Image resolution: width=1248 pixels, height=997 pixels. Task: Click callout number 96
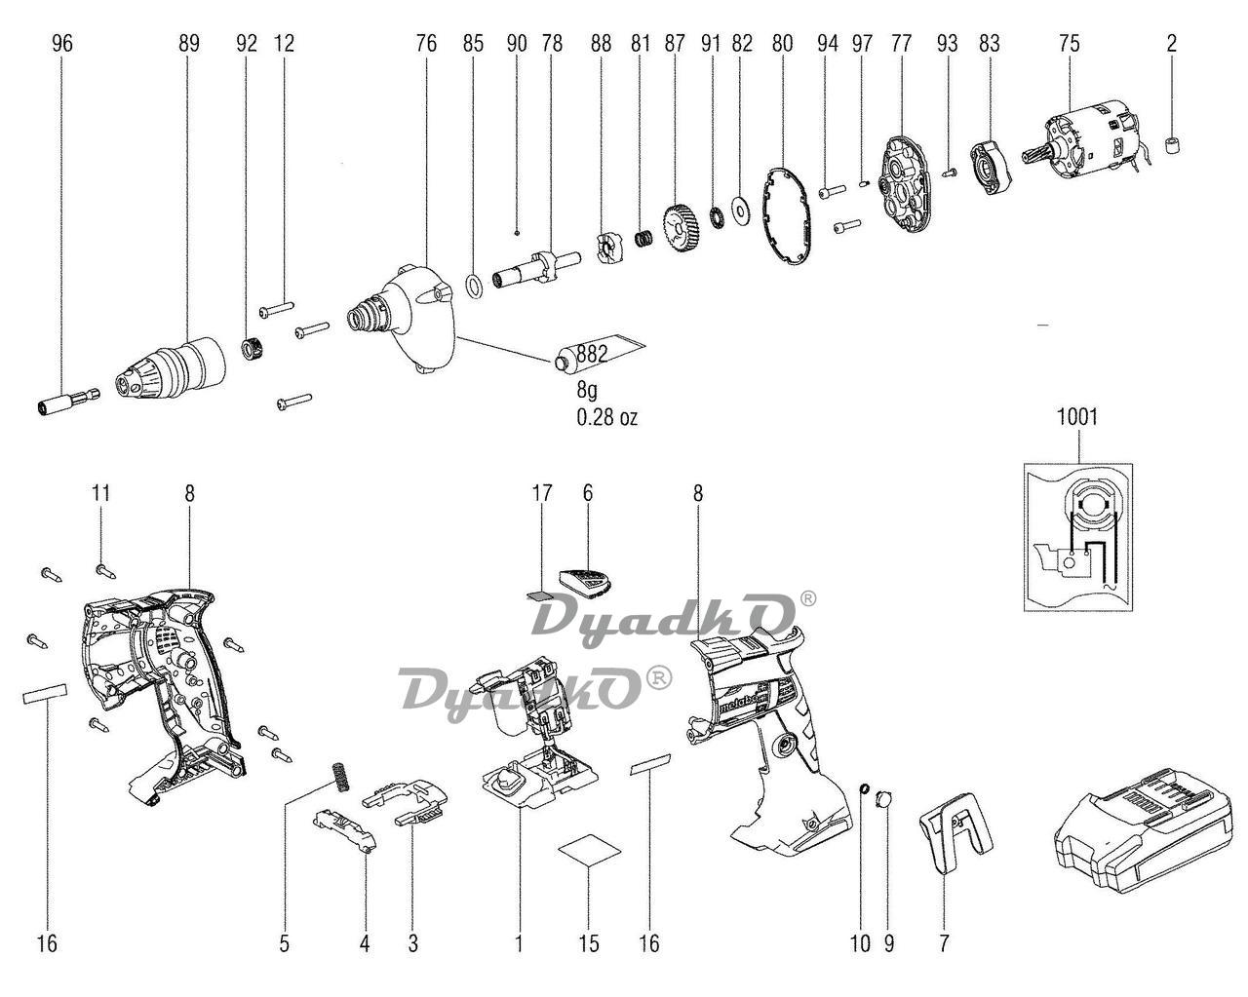tap(62, 44)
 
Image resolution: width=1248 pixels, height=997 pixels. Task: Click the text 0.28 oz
tap(606, 417)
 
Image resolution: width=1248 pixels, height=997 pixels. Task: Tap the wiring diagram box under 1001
tap(1078, 535)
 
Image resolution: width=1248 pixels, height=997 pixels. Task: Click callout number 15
tap(588, 942)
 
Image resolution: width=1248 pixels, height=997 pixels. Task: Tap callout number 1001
tap(1076, 417)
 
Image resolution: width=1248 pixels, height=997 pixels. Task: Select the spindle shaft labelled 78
tap(532, 268)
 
